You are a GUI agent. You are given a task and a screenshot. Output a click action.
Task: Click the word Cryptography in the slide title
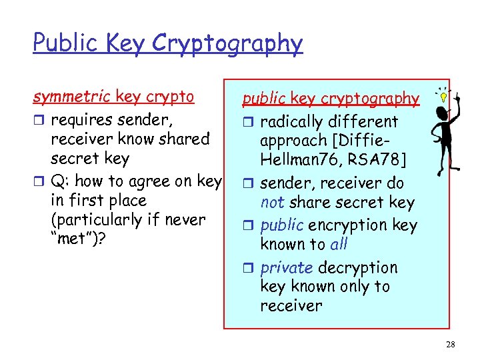[227, 44]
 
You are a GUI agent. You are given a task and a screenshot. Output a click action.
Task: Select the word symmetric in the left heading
[72, 97]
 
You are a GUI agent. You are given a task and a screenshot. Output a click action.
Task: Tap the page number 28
[451, 344]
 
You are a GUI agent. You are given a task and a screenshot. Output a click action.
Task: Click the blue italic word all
[339, 244]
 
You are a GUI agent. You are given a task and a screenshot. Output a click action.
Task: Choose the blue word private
[287, 268]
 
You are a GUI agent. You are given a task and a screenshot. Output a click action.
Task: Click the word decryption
[357, 268]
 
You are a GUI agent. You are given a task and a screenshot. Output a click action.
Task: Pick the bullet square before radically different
[247, 123]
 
